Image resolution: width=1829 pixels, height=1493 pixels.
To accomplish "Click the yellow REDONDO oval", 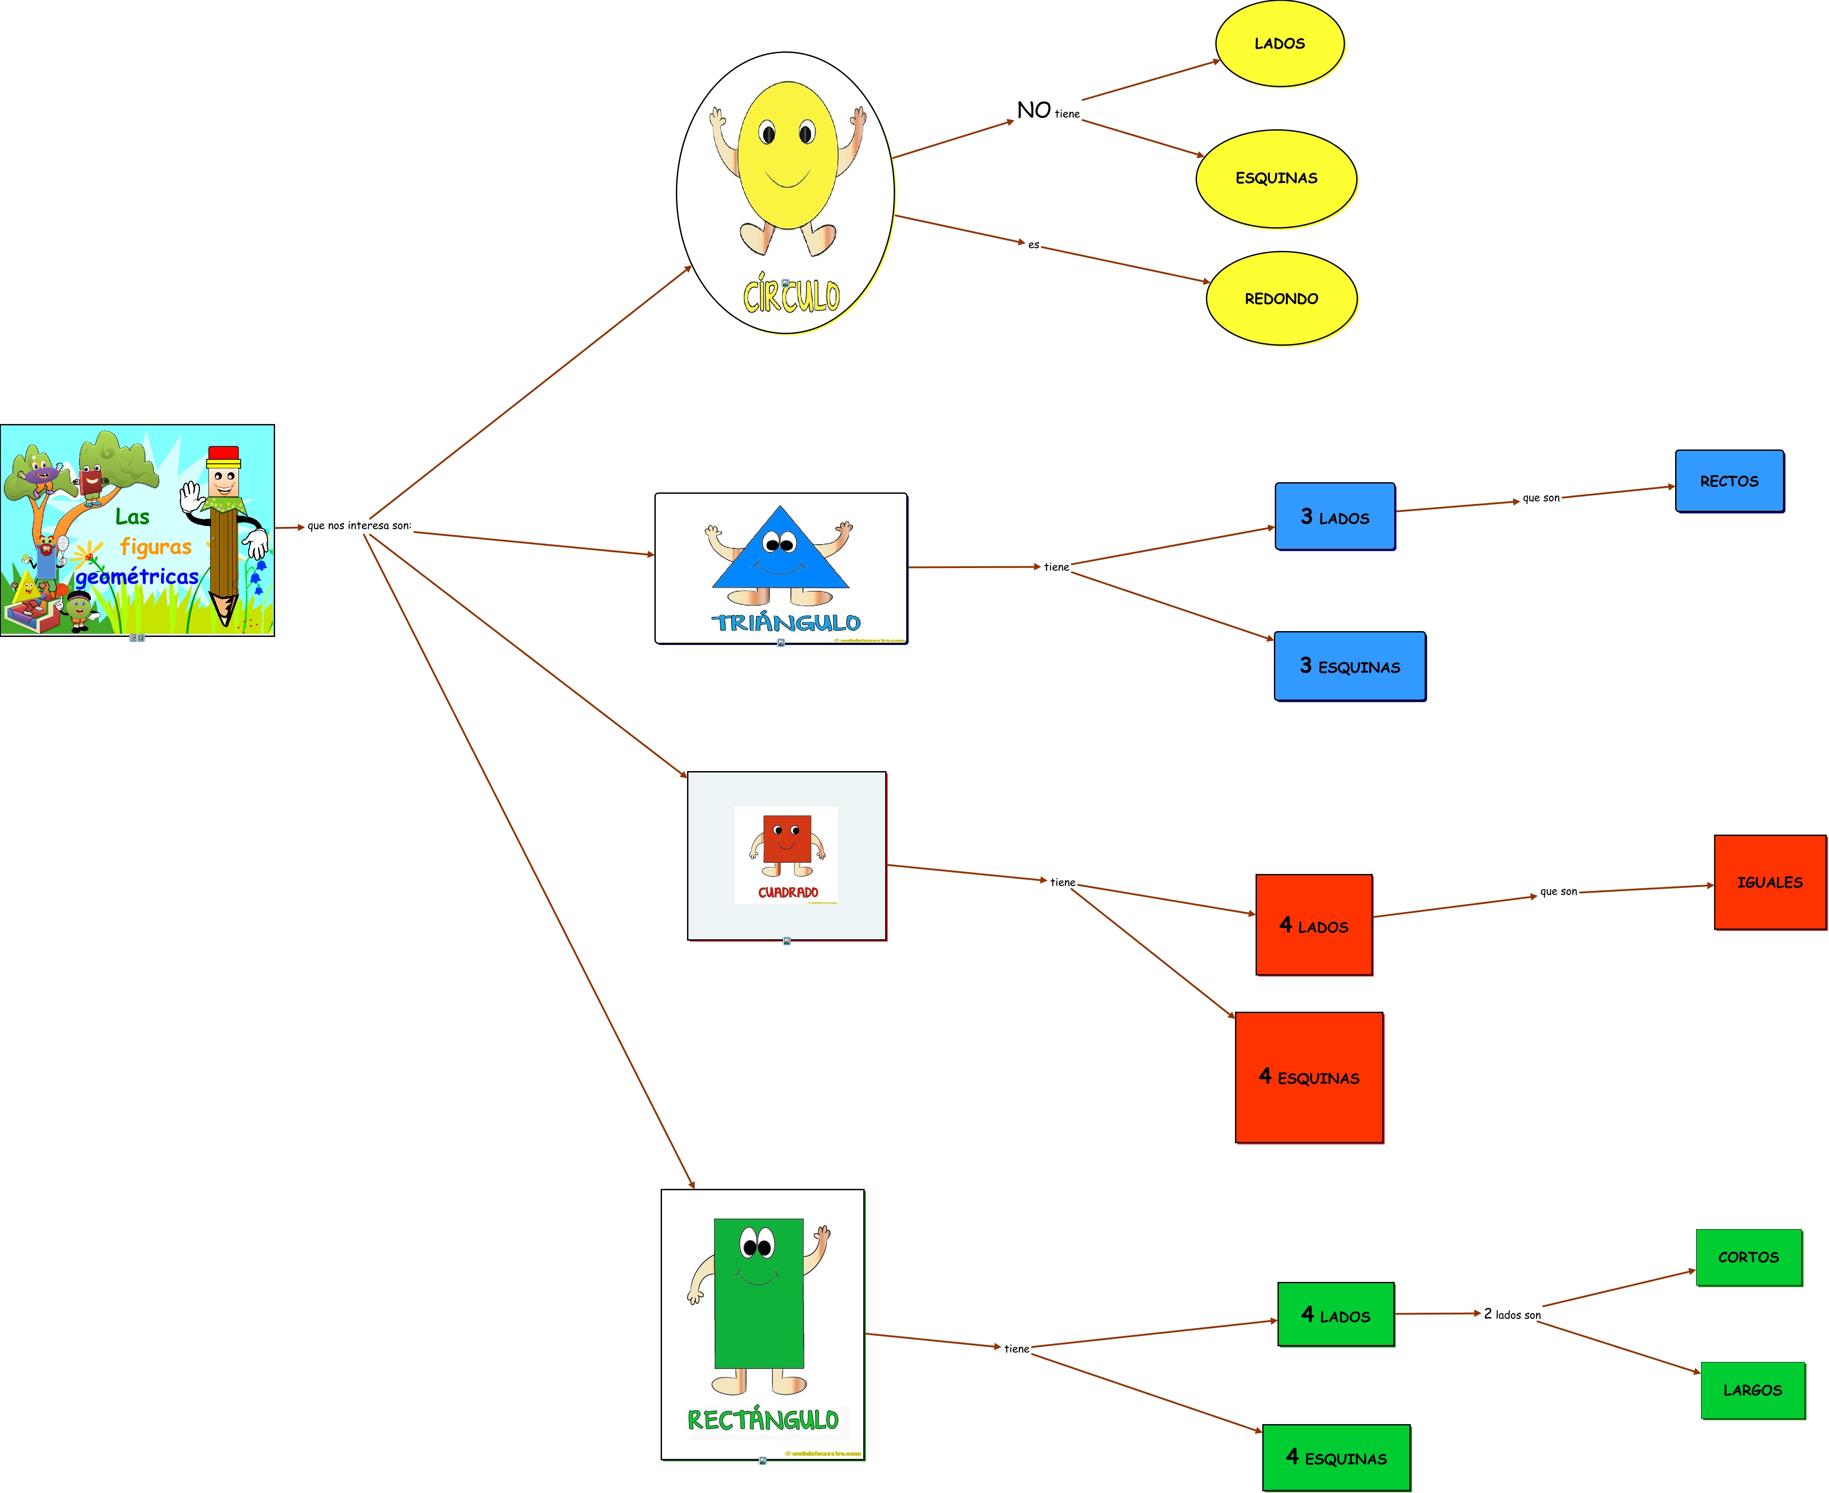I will point(1281,298).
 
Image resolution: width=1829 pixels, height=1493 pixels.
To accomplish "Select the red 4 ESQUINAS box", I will point(1309,1077).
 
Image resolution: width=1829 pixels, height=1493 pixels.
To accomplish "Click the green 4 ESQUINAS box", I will point(1336,1458).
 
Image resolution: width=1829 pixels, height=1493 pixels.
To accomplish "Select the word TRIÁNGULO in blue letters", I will point(786,623).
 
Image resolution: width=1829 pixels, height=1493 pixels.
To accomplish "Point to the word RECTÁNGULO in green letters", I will point(763,1420).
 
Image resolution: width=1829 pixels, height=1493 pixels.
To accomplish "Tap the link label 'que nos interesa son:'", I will point(360,526).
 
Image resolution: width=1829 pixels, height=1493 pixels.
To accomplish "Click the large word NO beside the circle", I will point(1034,110).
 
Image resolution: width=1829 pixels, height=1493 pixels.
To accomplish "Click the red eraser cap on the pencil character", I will point(224,453).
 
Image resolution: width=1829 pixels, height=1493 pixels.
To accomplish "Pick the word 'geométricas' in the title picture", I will point(137,577).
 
